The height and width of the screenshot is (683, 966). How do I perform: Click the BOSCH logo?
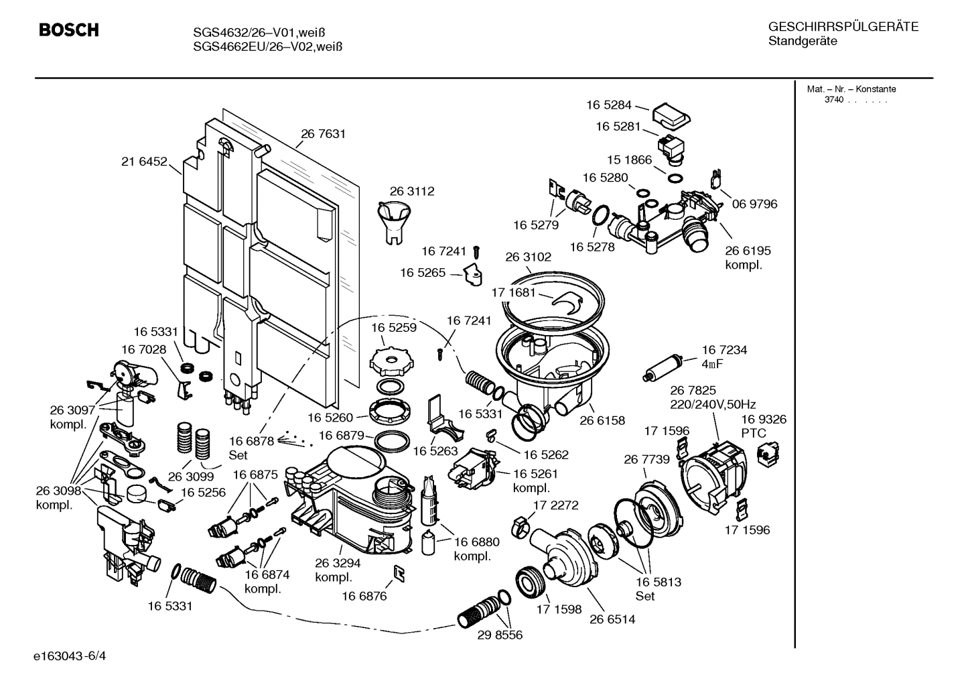(x=69, y=30)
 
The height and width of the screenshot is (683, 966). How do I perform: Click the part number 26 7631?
(x=323, y=134)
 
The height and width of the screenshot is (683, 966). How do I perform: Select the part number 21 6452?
(x=144, y=162)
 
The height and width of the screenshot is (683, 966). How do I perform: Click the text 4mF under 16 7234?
(x=712, y=364)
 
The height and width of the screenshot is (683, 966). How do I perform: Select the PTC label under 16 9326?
(x=754, y=434)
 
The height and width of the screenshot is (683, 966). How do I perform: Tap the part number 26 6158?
(x=602, y=421)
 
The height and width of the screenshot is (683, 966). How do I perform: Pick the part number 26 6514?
(x=612, y=619)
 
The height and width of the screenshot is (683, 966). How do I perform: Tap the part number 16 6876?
(x=364, y=596)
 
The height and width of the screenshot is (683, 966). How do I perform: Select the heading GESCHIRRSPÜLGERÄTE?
(x=843, y=27)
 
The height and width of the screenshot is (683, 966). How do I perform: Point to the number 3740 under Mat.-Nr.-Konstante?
(x=833, y=100)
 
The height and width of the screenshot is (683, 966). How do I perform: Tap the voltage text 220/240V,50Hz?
(x=713, y=404)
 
